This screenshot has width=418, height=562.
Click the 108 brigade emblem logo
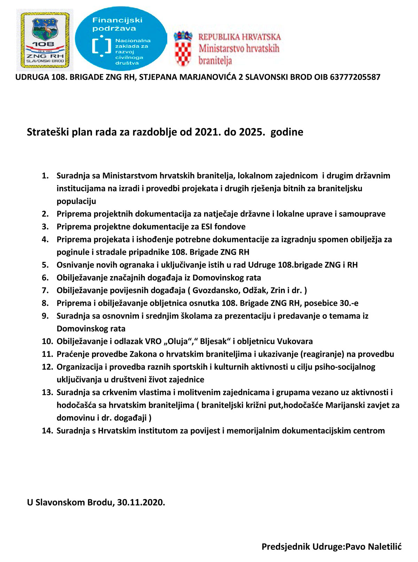45,40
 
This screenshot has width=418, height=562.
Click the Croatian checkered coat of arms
183,49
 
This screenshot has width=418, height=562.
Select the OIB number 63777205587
355,77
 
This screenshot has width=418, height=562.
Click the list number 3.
45,227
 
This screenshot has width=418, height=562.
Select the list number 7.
45,290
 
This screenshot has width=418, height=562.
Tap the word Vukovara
295,341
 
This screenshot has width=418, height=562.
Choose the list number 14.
47,431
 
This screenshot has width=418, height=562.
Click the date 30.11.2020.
141,502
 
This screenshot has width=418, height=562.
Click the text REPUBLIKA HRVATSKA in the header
239,37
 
